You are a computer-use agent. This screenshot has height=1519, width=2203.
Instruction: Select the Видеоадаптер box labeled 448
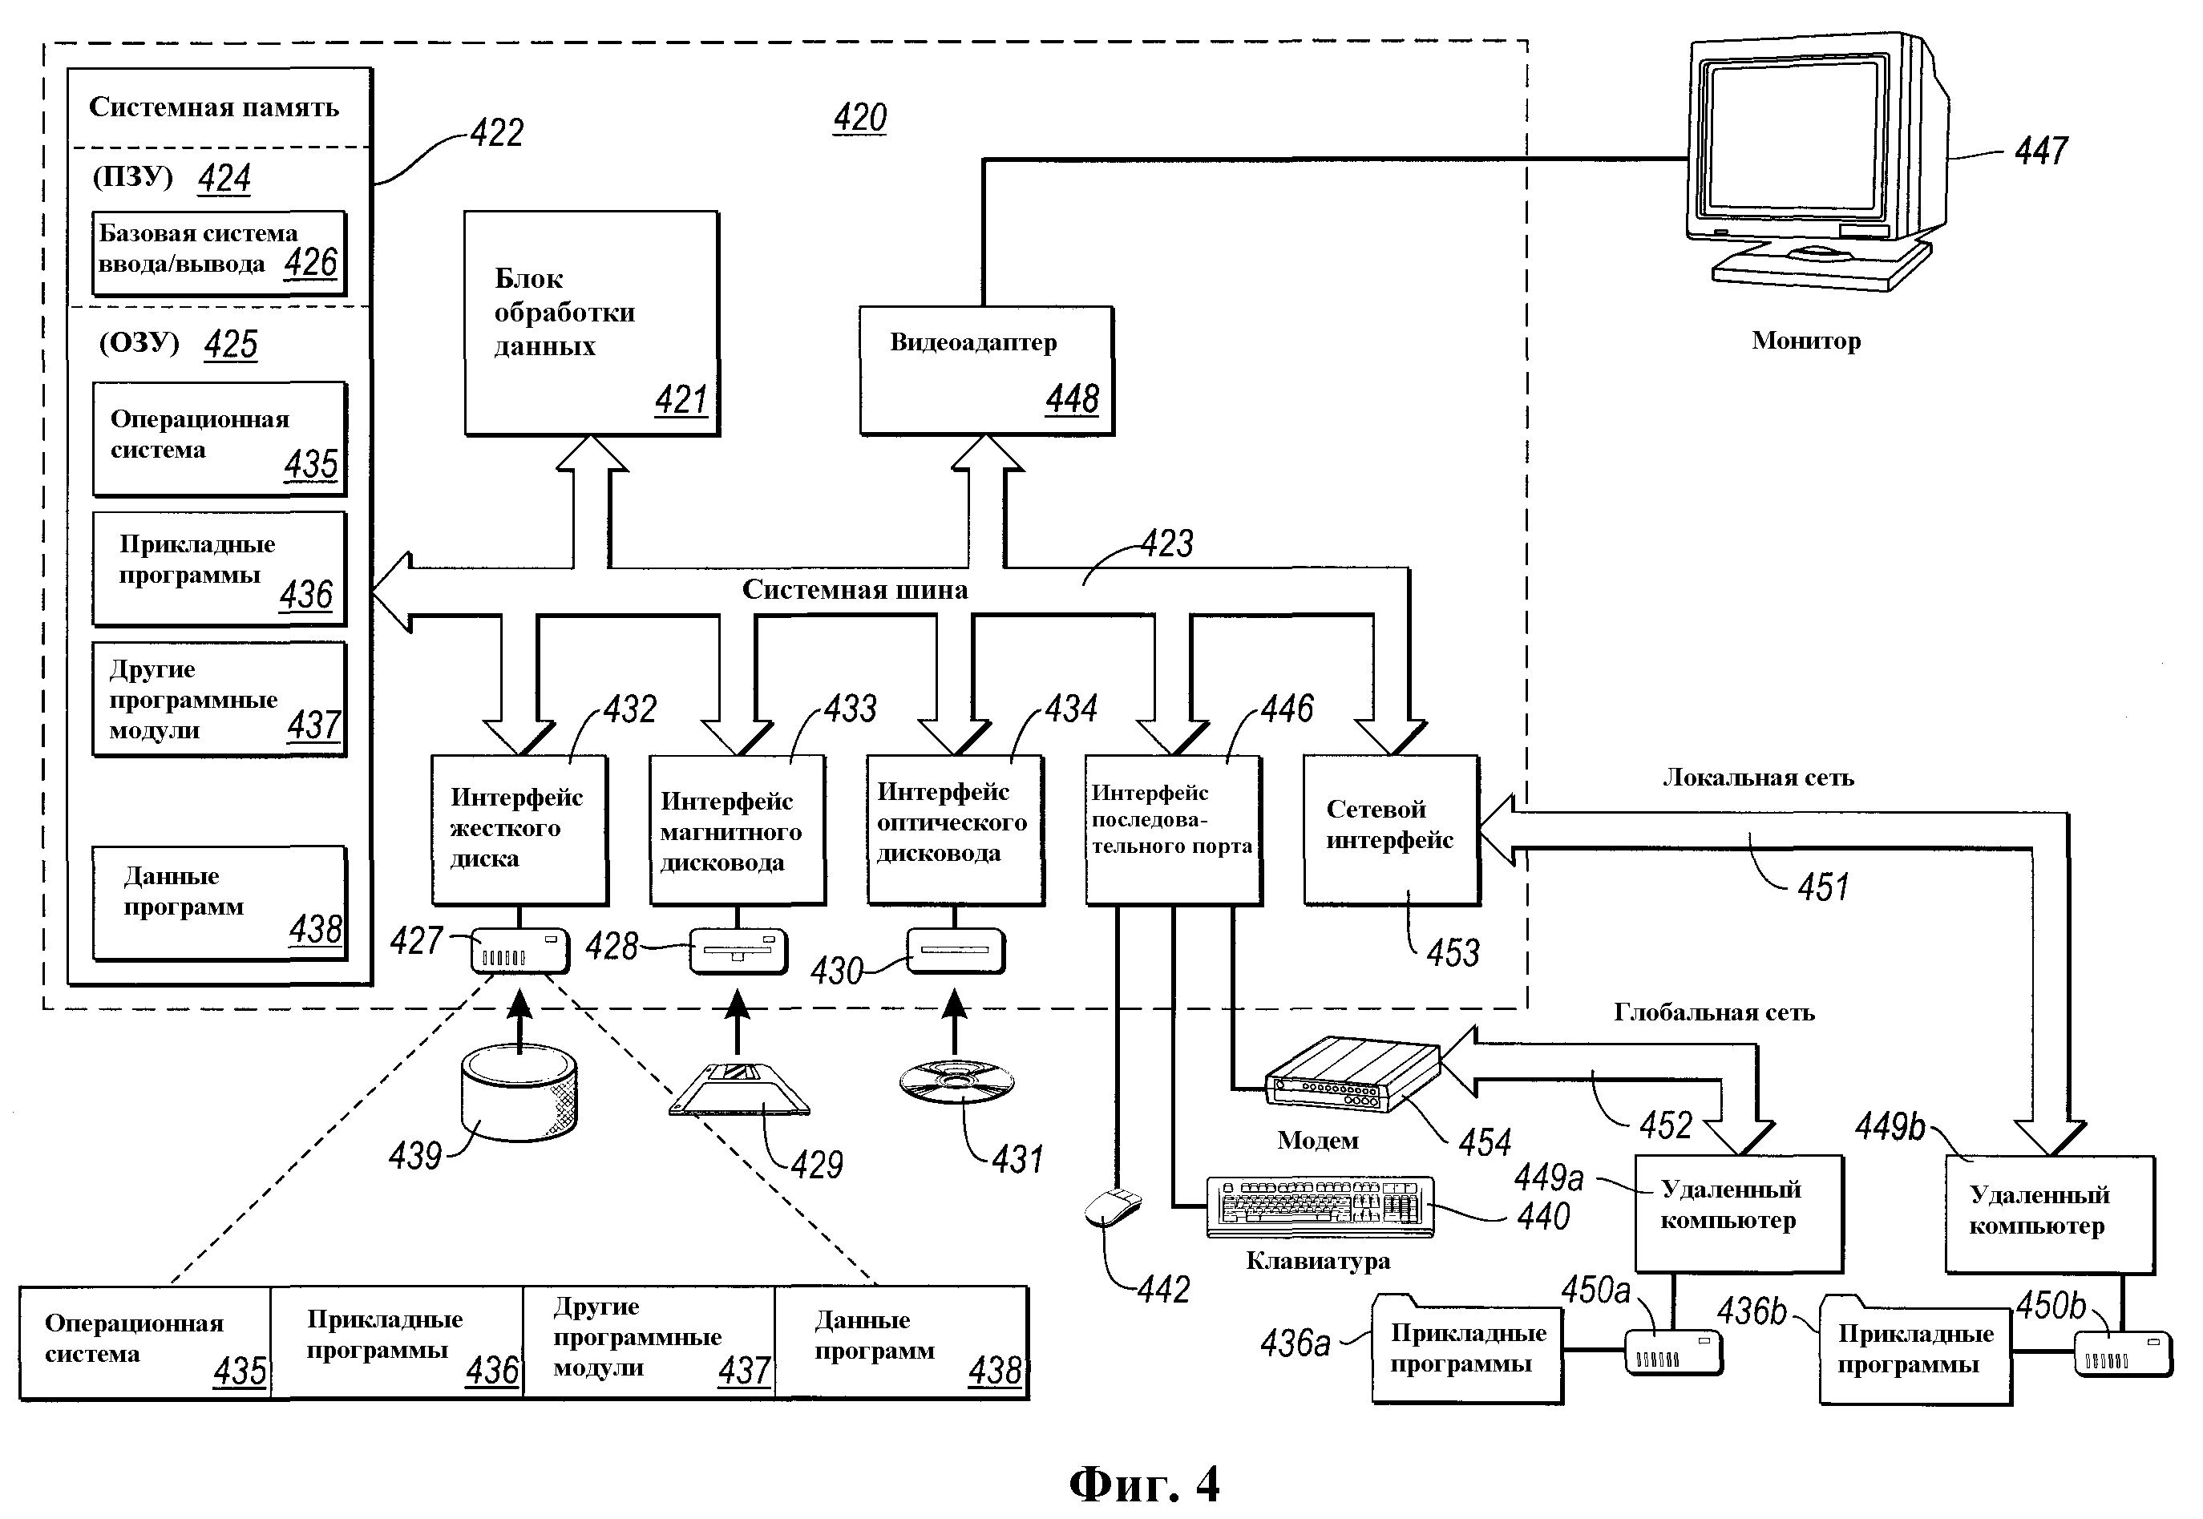(986, 370)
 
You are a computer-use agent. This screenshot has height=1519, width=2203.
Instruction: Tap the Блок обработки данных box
(591, 324)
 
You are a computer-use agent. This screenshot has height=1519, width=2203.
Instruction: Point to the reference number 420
(859, 118)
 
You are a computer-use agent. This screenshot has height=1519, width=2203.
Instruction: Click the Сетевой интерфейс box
(1390, 829)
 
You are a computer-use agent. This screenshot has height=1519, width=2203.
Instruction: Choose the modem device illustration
(1352, 1073)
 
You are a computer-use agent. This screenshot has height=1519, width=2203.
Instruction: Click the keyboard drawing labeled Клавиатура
(1319, 1207)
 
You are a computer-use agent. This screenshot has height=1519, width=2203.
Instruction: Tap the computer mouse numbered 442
(1113, 1208)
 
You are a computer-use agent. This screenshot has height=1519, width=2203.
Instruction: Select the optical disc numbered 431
(956, 1082)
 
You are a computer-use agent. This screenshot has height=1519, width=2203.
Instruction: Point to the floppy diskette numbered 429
(739, 1089)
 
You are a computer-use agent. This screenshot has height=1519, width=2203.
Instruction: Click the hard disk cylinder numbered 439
(519, 1092)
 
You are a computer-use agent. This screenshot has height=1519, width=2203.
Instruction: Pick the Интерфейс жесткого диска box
(519, 829)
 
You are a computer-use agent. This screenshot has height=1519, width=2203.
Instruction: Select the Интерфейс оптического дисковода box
(955, 829)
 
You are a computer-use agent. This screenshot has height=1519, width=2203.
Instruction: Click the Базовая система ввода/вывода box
(219, 252)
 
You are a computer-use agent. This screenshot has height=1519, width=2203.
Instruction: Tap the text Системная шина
(855, 590)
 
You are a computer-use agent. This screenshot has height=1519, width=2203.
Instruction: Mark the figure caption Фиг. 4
(1143, 1483)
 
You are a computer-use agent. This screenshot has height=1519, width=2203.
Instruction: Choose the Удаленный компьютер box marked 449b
(2049, 1214)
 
